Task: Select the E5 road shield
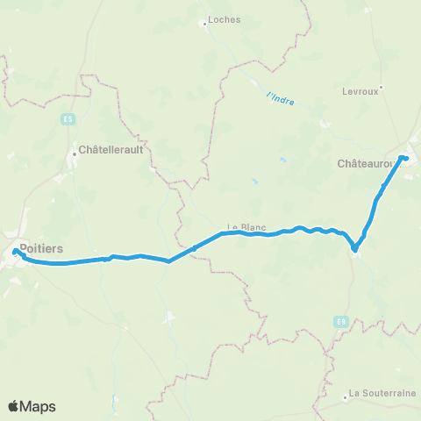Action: click(68, 118)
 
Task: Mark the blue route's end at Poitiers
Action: click(15, 252)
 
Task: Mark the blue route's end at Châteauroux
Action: click(404, 158)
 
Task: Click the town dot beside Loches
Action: click(204, 24)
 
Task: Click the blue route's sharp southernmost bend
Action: click(354, 250)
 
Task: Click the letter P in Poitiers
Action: click(23, 248)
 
